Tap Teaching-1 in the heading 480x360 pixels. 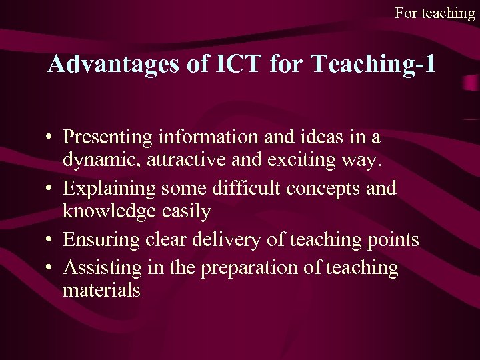click(373, 64)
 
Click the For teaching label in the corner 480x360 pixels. click(434, 13)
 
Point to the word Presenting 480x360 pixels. click(109, 137)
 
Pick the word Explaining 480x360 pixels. click(109, 189)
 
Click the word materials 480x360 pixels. click(101, 291)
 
